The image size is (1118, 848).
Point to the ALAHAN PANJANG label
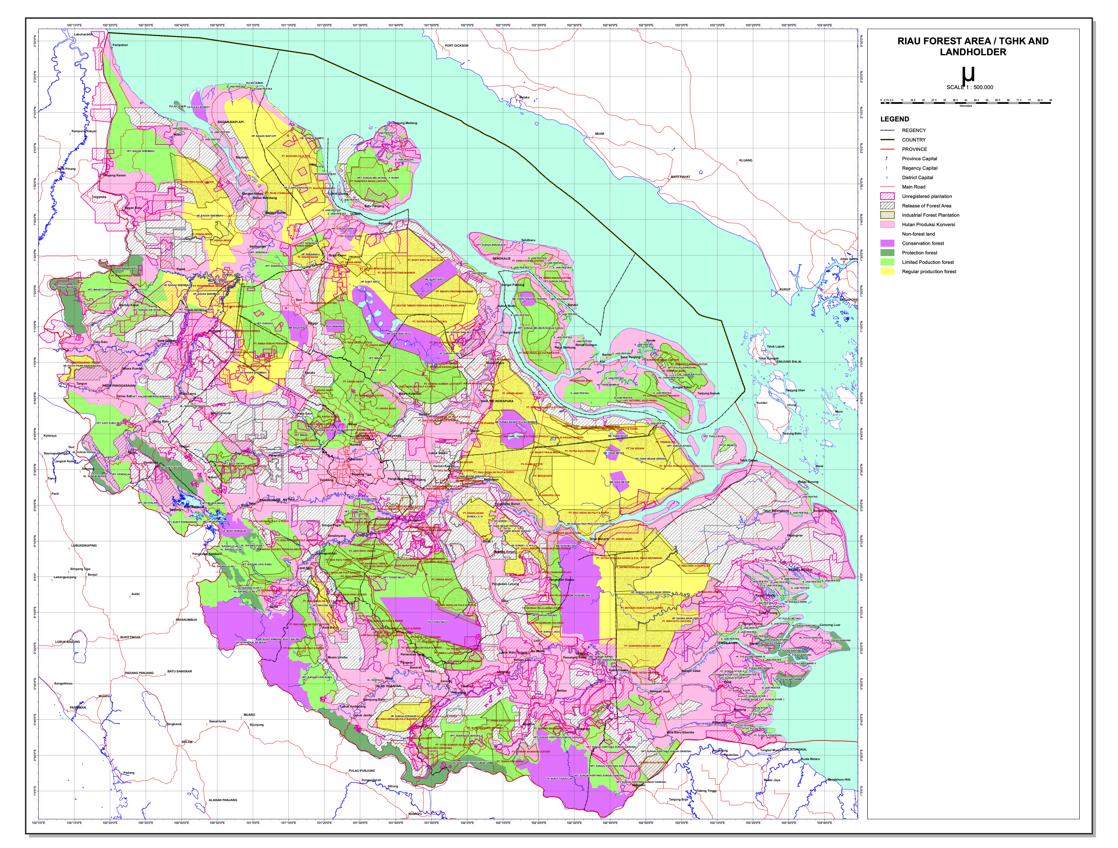(223, 800)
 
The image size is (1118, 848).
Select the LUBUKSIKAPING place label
(84, 546)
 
